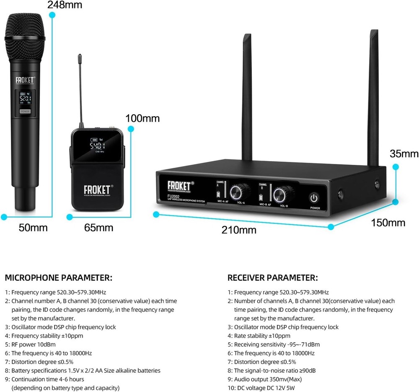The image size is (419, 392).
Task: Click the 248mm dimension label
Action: (x=65, y=5)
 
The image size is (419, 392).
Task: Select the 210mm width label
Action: (x=239, y=230)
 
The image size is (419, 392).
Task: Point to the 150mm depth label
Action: (x=388, y=223)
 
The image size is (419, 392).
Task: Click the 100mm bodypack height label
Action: (x=142, y=118)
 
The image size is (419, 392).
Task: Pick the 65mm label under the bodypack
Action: (x=98, y=228)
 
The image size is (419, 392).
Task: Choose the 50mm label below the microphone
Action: (x=33, y=228)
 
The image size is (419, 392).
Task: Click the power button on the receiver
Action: (x=315, y=198)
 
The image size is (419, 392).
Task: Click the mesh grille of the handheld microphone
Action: (x=25, y=25)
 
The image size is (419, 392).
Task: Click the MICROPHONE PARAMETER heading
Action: (x=58, y=278)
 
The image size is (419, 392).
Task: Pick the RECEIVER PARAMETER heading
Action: (x=272, y=278)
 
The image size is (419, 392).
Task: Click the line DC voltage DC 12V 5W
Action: (x=265, y=388)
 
